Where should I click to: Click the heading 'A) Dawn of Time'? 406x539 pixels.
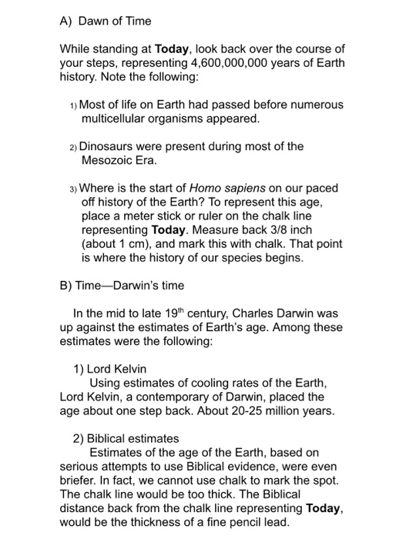(x=105, y=21)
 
